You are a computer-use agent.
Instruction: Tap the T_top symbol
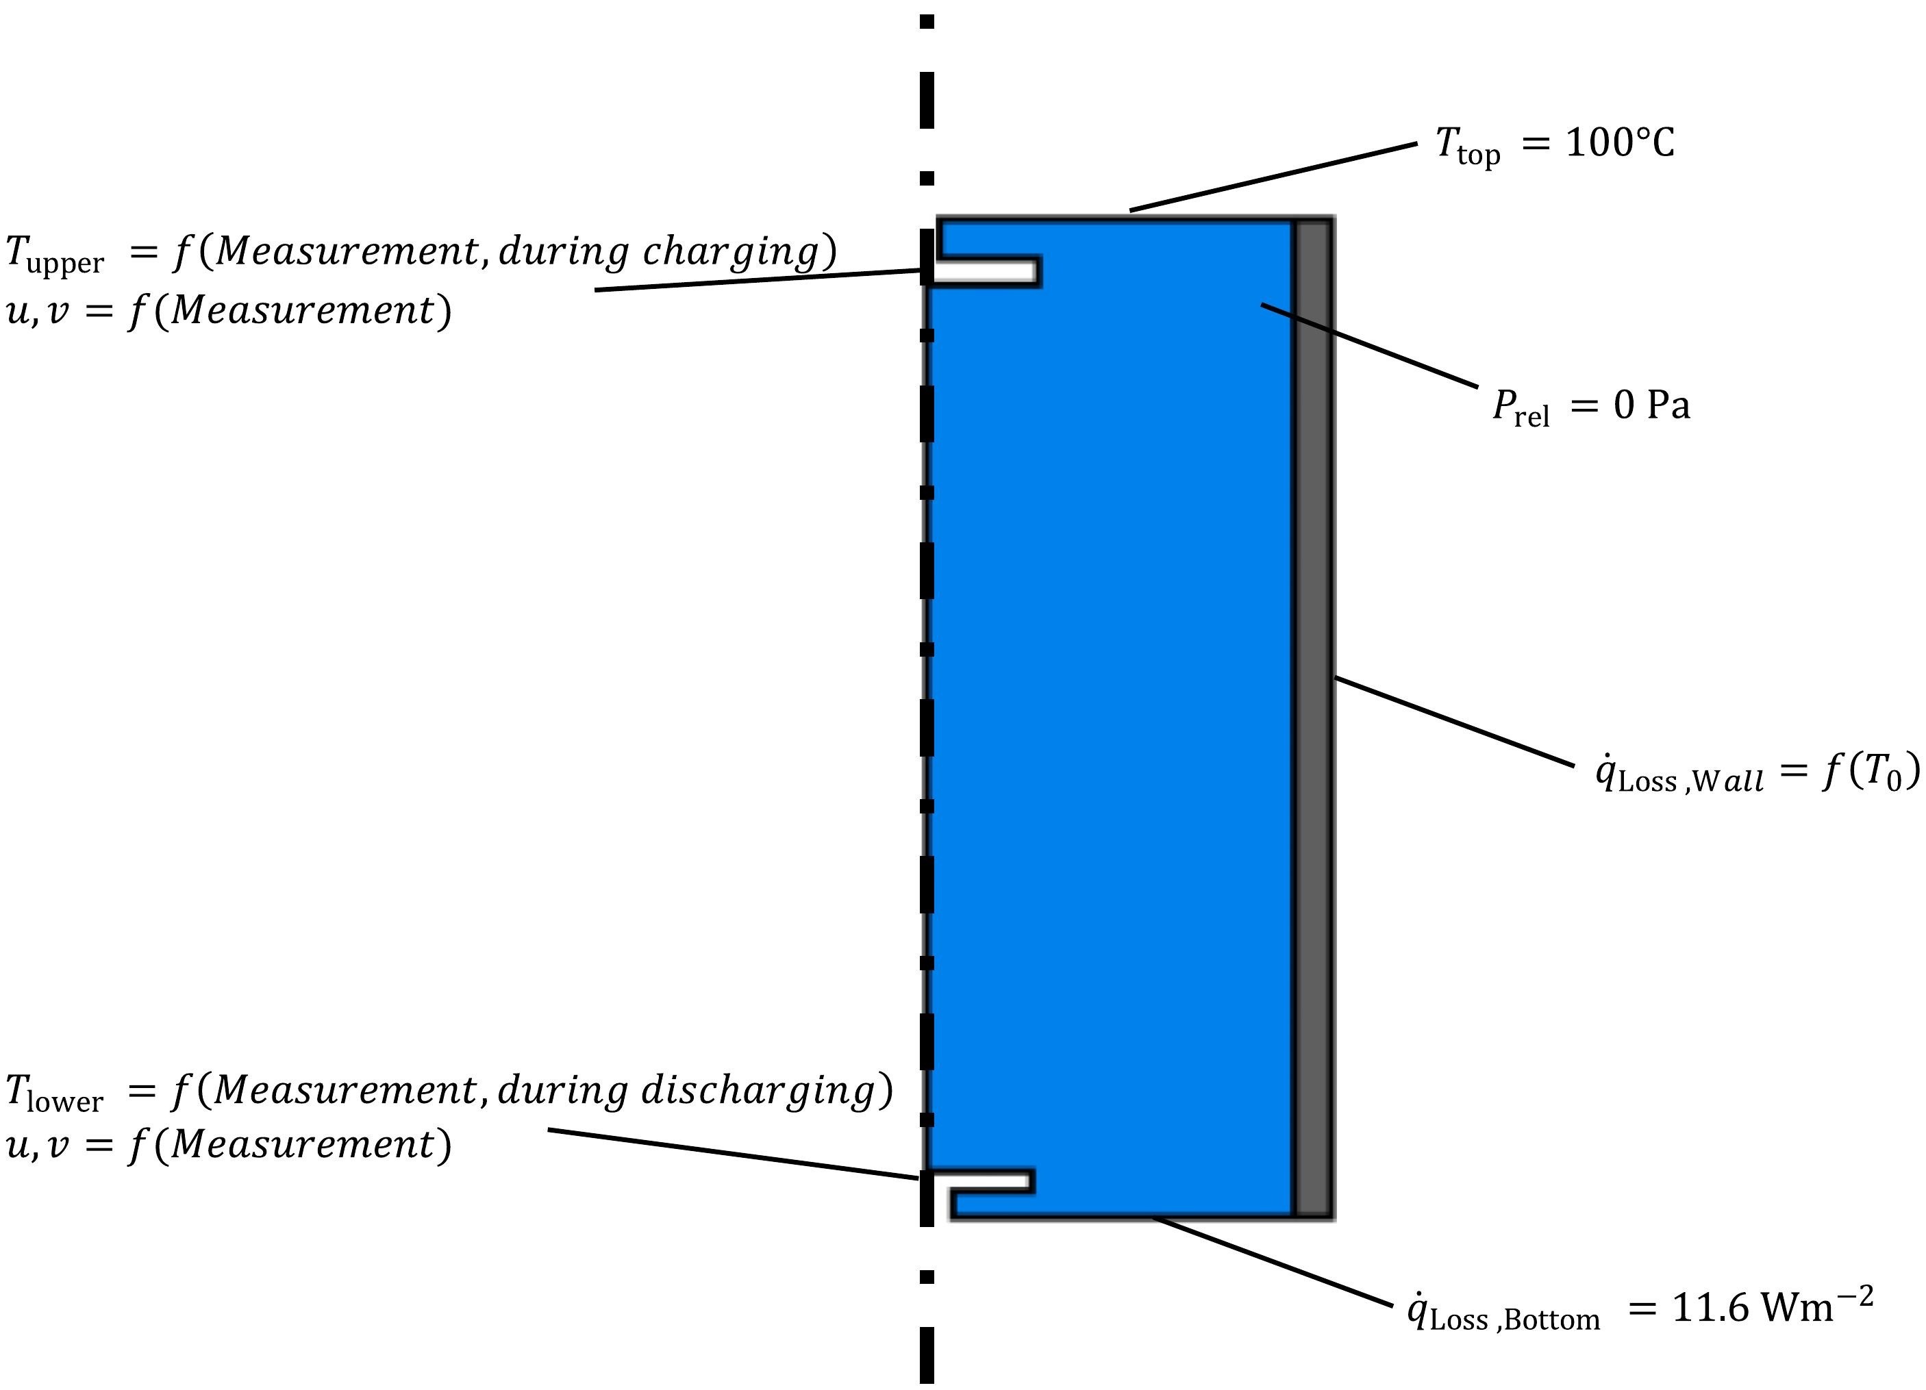1466,146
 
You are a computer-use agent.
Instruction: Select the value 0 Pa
1652,406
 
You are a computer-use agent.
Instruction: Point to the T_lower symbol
54,1094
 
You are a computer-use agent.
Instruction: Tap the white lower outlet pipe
981,1180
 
